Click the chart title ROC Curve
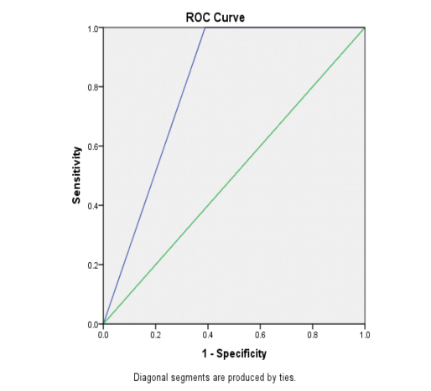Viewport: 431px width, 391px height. click(215, 17)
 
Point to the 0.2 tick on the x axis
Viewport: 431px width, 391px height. click(155, 334)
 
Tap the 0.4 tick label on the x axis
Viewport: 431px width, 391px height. click(208, 334)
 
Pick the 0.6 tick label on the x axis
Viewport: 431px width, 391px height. click(260, 334)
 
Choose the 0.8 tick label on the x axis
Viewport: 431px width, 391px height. click(313, 334)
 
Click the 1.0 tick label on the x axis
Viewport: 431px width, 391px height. click(365, 334)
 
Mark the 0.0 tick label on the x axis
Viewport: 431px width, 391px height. click(103, 334)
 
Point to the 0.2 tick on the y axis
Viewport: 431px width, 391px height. click(92, 265)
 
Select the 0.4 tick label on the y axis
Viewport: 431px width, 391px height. click(92, 205)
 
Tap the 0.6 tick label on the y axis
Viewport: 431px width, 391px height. click(92, 147)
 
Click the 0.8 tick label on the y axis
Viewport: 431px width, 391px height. click(92, 87)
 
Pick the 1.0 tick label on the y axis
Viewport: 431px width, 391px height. click(92, 28)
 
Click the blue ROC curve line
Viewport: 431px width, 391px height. click(154, 176)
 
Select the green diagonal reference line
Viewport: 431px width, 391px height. click(234, 176)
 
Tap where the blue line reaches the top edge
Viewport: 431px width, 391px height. click(205, 28)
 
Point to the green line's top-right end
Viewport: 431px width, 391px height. click(365, 28)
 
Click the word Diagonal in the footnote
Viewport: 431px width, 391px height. click(153, 377)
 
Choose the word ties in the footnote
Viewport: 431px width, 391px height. click(286, 377)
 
